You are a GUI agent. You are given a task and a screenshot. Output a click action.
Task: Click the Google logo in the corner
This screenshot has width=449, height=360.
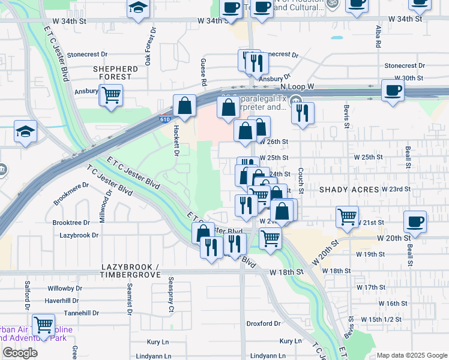coord(20,353)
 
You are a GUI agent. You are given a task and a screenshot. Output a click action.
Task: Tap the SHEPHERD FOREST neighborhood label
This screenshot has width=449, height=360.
coord(115,73)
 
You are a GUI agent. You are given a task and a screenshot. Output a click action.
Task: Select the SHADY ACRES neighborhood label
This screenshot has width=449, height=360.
coord(349,190)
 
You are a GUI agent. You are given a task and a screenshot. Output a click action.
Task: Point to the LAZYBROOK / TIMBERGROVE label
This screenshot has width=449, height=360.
coord(131,270)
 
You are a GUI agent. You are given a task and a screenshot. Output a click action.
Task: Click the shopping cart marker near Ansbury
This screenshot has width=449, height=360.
coord(111,95)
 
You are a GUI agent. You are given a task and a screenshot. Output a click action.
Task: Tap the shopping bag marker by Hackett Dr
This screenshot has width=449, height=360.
coord(184,106)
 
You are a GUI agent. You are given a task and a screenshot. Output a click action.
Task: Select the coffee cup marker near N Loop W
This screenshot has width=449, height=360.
coord(393,91)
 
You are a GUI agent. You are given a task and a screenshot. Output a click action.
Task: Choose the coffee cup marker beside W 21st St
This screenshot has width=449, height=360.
coord(415,221)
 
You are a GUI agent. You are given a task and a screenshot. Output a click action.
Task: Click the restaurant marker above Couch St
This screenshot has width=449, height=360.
coord(303,112)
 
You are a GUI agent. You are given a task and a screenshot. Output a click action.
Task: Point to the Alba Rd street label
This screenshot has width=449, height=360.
coord(379,36)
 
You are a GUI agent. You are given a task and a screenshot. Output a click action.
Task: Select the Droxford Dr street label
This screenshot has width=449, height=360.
coord(264,323)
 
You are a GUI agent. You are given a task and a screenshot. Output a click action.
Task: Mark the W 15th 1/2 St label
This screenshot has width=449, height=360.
coord(378,319)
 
